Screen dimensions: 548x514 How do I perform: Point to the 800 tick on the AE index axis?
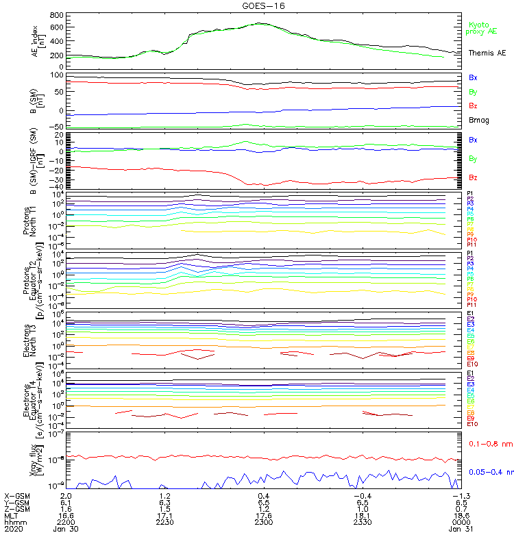pos(57,15)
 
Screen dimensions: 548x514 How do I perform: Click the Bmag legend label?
pos(479,120)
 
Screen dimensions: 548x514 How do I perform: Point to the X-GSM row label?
pos(17,495)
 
